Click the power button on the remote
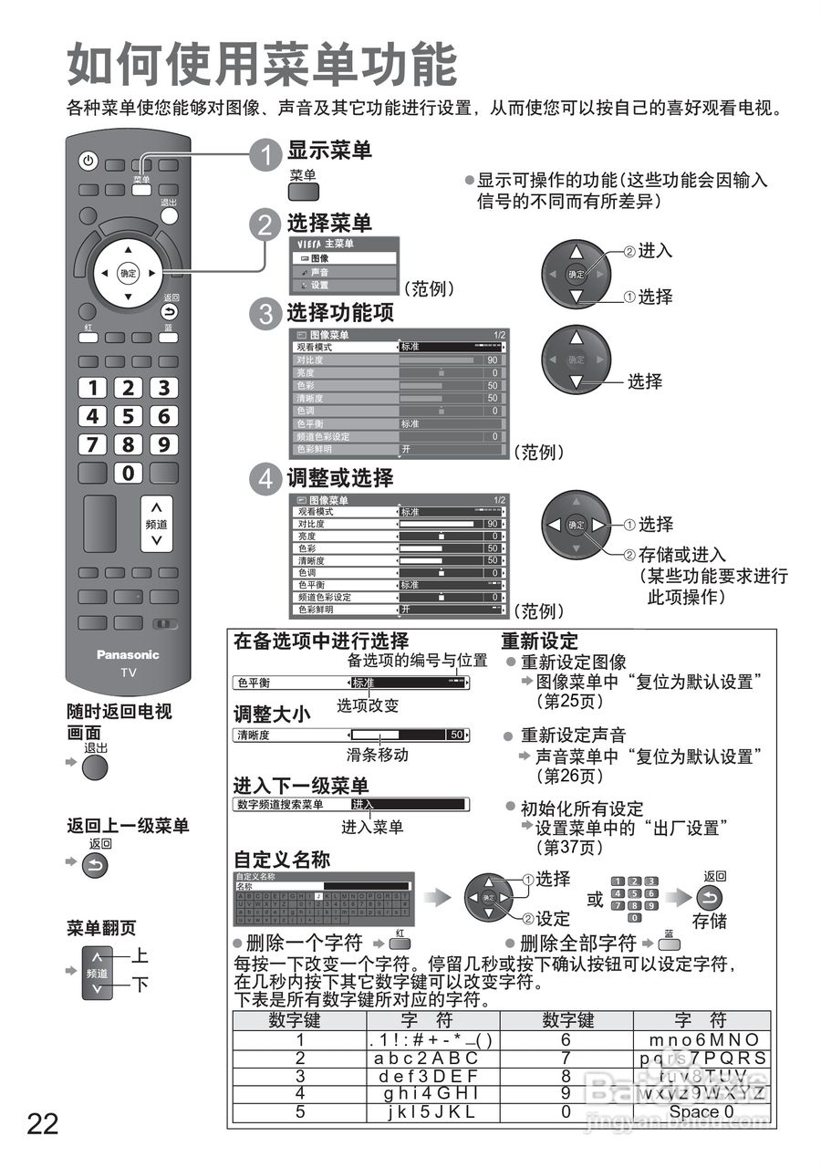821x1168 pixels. [x=88, y=162]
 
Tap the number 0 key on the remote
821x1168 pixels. [x=128, y=473]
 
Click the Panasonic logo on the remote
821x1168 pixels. [x=128, y=654]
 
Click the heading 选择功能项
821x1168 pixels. [x=340, y=313]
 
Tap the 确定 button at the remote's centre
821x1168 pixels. [x=128, y=272]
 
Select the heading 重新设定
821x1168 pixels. [x=539, y=641]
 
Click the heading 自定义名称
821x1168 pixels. [x=282, y=860]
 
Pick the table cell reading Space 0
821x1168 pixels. [x=701, y=1111]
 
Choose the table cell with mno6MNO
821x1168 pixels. [x=701, y=1040]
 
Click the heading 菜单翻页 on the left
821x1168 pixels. [x=101, y=929]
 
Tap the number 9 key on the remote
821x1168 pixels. [x=163, y=444]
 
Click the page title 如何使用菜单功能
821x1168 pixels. [x=262, y=66]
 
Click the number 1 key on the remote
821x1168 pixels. [x=92, y=388]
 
